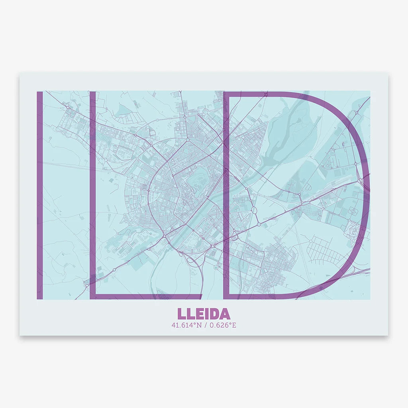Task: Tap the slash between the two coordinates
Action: pyautogui.click(x=204, y=325)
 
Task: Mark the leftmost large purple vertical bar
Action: pyautogui.click(x=40, y=195)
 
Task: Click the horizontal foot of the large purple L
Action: pyautogui.click(x=147, y=296)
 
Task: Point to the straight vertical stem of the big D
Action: pyautogui.click(x=226, y=195)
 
